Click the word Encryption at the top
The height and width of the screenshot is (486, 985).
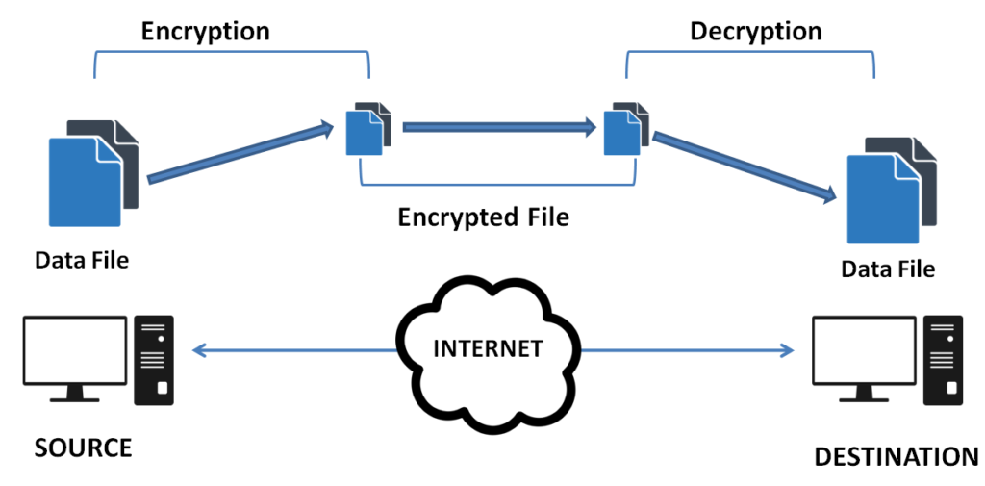(x=205, y=31)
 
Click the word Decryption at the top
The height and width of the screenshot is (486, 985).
(x=755, y=31)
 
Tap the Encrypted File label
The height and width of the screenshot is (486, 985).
(x=483, y=217)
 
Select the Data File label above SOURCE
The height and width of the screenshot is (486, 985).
(x=82, y=259)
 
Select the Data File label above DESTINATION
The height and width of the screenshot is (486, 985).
(x=887, y=269)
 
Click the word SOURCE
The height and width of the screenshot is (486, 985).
(x=83, y=448)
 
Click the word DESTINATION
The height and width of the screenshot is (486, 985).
(x=896, y=456)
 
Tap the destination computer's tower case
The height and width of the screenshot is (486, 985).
(x=941, y=358)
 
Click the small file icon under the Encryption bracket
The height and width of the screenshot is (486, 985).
(x=368, y=129)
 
